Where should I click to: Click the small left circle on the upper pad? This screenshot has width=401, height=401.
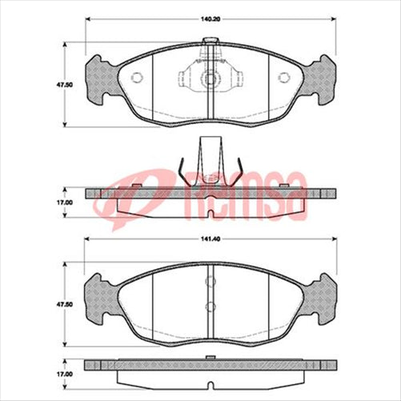[x=135, y=78]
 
